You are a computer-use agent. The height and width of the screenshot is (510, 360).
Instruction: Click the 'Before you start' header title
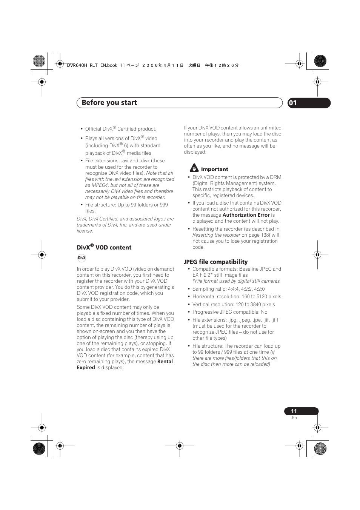pos(109,103)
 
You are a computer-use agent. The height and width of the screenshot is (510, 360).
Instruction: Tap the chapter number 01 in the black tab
pos(293,103)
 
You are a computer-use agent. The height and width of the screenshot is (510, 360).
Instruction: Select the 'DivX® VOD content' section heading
pos(104,247)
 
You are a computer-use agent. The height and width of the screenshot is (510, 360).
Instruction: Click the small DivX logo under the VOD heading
pos(82,258)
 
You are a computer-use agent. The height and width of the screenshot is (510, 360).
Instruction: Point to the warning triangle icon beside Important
pos(194,168)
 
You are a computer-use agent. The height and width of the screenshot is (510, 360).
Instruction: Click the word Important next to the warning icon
pos(214,169)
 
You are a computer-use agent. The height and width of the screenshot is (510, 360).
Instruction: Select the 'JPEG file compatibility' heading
pos(215,262)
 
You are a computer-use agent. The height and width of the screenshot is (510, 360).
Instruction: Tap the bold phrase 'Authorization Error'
pos(246,215)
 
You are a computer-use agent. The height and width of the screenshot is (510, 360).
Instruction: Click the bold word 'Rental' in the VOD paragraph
pos(165,361)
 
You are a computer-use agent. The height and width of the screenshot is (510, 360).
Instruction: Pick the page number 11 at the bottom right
pos(294,411)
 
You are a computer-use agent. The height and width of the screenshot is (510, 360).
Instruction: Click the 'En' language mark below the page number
pos(294,418)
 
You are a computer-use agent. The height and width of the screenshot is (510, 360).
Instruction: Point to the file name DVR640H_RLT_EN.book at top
pos(92,65)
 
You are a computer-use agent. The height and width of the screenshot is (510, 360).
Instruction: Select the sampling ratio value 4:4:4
pos(233,289)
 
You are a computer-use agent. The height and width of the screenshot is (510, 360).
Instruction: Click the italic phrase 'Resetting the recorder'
pos(216,235)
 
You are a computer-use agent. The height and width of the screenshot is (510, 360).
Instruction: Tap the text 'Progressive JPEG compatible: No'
pos(230,312)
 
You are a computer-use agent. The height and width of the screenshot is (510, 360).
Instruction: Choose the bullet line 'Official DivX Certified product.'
pos(121,129)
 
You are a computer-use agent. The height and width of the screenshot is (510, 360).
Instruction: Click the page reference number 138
pos(265,235)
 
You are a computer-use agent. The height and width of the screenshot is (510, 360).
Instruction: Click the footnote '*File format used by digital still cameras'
pos(236,281)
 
